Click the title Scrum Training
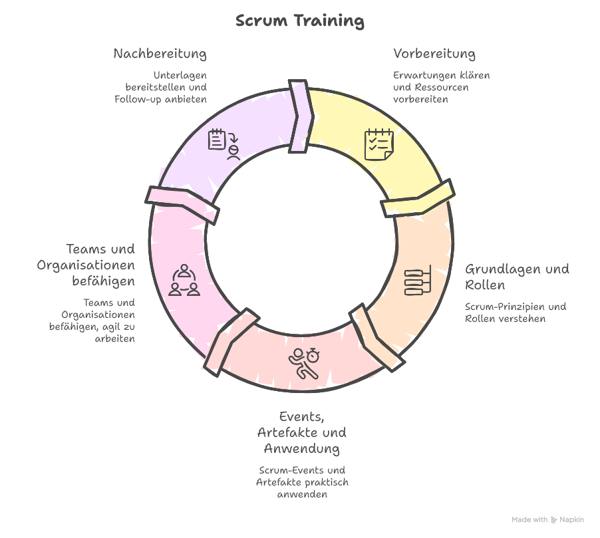point(300,21)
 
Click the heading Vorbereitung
point(434,54)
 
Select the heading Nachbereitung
point(160,54)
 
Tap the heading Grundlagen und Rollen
point(516,277)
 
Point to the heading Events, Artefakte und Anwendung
point(301,432)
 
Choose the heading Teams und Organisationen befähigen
point(85,265)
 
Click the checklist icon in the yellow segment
point(378,144)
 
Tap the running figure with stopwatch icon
point(303,363)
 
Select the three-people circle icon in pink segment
point(184,280)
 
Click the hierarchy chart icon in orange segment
point(418,281)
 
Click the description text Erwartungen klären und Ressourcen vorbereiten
point(441,87)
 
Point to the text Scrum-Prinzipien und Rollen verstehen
point(515,313)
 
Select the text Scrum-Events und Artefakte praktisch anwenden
point(301,482)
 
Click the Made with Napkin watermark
point(547,519)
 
